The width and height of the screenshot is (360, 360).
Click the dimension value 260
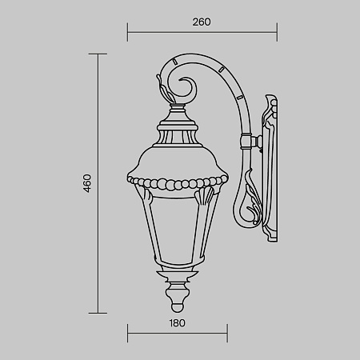coord(202,22)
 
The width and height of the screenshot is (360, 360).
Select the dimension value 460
coord(88,183)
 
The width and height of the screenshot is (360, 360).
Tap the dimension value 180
coord(177,323)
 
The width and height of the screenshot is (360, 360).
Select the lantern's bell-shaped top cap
coord(178,157)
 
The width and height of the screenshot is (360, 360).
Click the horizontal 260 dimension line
coord(202,34)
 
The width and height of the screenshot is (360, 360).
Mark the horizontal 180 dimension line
coord(177,334)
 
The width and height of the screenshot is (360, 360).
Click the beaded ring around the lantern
coord(177,183)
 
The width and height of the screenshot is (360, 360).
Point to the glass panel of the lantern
coord(177,232)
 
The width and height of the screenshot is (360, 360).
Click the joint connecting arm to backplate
coord(254,142)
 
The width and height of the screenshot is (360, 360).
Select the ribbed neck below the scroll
coord(178,130)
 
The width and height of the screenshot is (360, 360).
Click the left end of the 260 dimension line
coord(127,34)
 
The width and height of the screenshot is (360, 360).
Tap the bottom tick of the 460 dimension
coord(98,313)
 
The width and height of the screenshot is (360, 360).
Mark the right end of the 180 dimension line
coord(227,334)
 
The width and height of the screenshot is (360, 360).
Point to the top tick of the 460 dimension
coord(98,54)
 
